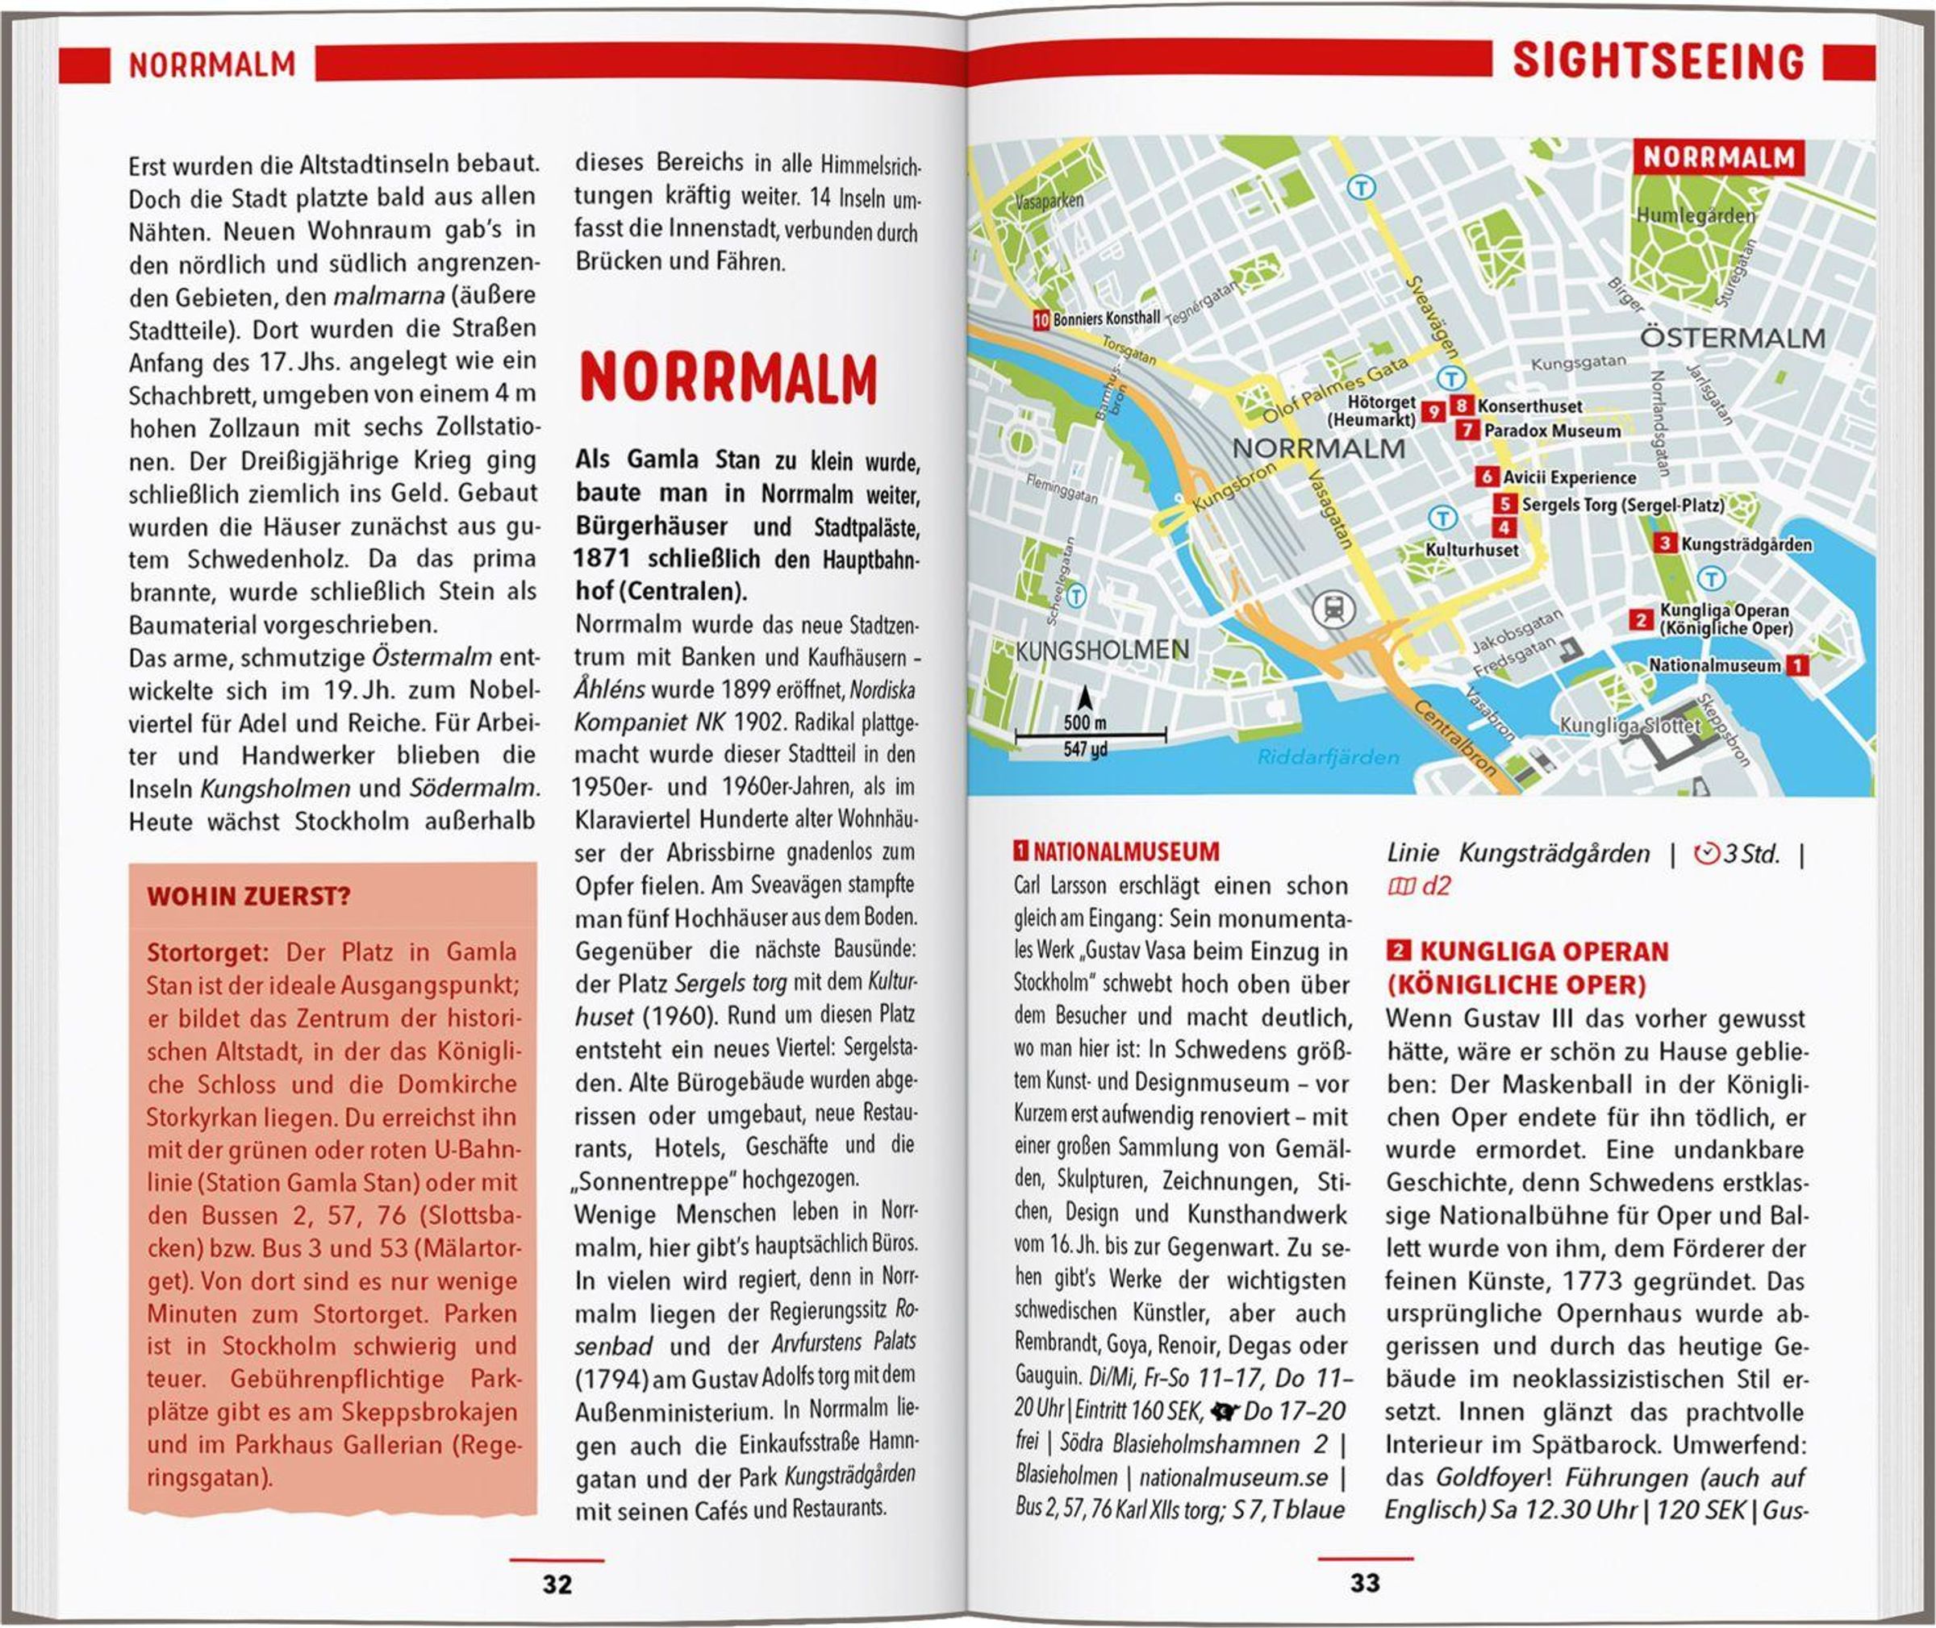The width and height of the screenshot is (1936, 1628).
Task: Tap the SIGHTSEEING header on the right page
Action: click(1657, 62)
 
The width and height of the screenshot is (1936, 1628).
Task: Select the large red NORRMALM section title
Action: click(728, 377)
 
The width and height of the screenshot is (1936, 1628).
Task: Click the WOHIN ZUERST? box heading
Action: click(248, 896)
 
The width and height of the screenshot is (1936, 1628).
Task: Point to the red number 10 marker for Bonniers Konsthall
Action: click(1041, 319)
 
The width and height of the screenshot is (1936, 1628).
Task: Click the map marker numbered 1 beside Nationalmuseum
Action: click(1796, 664)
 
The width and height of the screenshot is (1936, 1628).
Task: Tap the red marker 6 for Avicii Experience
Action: click(1485, 477)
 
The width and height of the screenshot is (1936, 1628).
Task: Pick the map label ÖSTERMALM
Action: click(1732, 338)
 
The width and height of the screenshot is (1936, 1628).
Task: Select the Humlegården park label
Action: click(1695, 216)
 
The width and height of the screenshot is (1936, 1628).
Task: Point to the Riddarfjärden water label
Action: click(1328, 757)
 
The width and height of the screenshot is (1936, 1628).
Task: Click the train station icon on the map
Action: click(1333, 609)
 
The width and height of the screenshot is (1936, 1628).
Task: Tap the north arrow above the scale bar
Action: click(1086, 697)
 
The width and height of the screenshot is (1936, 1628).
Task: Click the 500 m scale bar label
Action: click(1085, 722)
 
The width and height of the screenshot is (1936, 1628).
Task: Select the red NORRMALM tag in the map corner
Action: click(1717, 158)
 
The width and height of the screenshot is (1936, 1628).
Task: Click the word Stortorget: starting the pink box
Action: click(207, 951)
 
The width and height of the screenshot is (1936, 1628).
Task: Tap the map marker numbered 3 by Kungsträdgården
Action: click(1665, 543)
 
